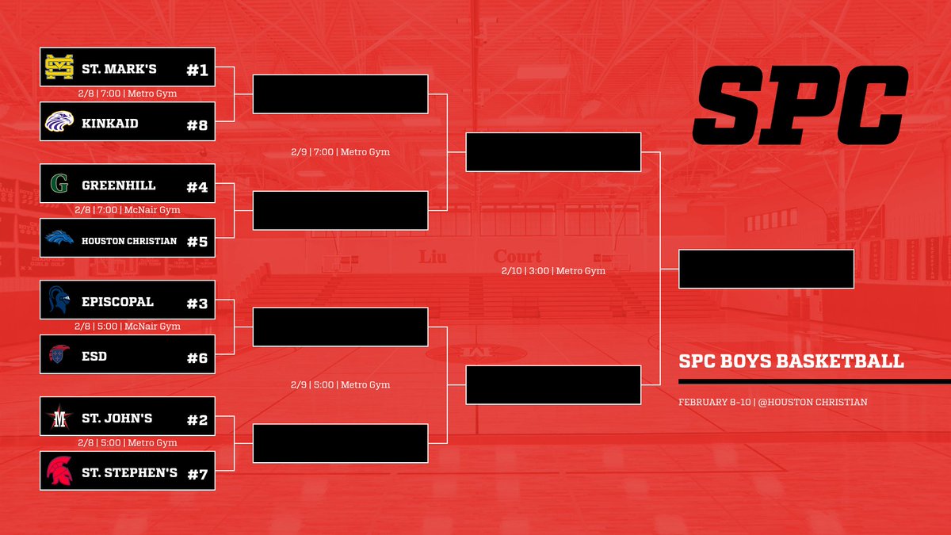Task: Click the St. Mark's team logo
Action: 59,69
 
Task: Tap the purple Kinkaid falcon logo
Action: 59,122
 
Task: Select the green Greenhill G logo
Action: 59,185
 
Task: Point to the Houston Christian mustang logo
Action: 59,238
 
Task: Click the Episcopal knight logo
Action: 59,301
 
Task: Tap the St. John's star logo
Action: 59,418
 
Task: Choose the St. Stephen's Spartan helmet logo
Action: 59,472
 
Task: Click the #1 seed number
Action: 197,71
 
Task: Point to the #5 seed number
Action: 197,241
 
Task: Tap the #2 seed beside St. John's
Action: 197,420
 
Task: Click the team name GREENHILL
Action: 118,185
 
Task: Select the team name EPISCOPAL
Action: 117,302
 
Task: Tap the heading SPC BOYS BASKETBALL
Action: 791,361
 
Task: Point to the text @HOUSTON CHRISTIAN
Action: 823,402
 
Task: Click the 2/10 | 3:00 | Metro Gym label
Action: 553,271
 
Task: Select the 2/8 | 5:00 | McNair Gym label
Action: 128,327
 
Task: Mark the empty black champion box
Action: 766,269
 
